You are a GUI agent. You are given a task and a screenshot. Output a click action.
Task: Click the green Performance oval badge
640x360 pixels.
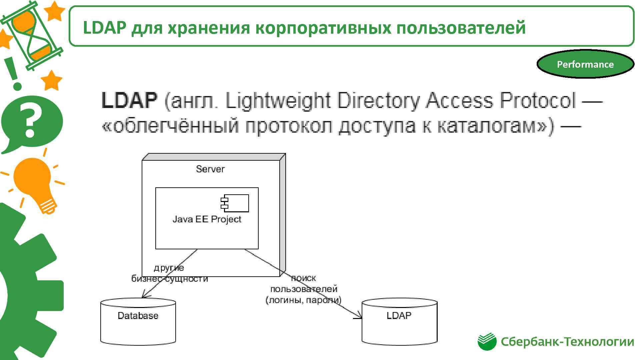coord(585,64)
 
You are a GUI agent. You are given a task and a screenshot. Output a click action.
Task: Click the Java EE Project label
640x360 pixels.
coord(207,219)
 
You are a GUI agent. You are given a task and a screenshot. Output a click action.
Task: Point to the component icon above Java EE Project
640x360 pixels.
coord(235,203)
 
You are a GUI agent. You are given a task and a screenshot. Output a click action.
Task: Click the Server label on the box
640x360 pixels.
coord(210,169)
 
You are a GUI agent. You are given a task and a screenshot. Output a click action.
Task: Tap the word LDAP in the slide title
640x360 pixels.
coord(104,27)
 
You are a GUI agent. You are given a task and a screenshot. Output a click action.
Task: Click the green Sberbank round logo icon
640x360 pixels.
coord(487,342)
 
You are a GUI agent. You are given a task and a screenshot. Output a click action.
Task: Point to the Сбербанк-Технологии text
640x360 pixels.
coord(567,342)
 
